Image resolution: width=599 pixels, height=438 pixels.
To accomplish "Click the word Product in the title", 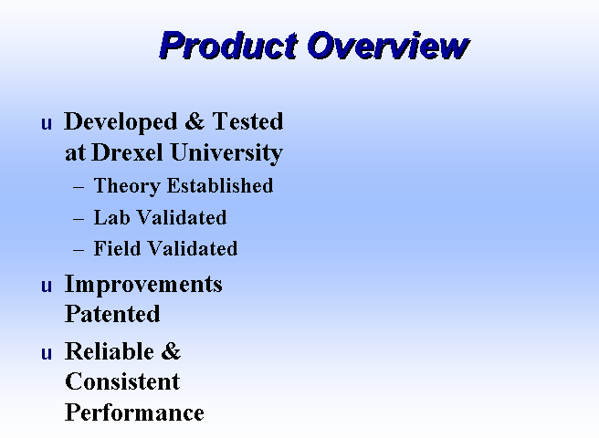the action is [228, 46].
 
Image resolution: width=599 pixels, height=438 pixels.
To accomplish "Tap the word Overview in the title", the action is [388, 46].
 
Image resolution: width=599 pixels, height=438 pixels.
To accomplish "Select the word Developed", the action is [121, 122].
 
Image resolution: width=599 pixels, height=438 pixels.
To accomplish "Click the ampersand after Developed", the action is [194, 121].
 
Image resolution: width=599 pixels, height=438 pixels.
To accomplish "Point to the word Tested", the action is [247, 121].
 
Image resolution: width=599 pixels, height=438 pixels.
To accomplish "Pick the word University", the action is [226, 153].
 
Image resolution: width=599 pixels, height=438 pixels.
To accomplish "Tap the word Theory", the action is [127, 186].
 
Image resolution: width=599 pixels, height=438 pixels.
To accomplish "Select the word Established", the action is [220, 185].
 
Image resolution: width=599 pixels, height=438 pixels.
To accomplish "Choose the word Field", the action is [117, 248].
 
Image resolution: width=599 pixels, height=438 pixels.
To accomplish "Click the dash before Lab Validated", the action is [79, 219].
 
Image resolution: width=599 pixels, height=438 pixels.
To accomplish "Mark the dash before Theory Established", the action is [79, 187].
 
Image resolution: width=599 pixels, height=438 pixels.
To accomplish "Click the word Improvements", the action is [143, 284].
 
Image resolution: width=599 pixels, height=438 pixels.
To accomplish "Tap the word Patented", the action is [112, 314].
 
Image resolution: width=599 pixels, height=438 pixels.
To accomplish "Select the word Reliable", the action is [110, 351].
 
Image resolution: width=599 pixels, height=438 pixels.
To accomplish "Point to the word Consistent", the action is [122, 381].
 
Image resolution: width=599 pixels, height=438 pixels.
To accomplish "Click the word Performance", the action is [134, 412].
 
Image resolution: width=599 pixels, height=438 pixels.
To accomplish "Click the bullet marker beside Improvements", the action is [47, 286].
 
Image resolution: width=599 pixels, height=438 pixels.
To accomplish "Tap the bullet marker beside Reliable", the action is [47, 353].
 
